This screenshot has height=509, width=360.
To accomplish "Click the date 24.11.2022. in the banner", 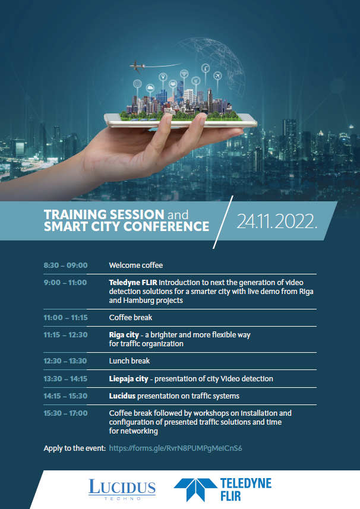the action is tap(277, 222).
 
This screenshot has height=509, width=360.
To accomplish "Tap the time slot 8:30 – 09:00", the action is tap(65, 265).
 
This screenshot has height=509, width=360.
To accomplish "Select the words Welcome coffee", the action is tap(135, 265).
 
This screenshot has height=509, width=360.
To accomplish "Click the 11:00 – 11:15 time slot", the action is tap(65, 318).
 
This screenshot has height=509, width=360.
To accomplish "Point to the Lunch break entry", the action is tap(129, 361).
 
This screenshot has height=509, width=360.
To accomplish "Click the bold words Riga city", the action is tap(124, 335).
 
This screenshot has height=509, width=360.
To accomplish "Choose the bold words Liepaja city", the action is tap(128, 379).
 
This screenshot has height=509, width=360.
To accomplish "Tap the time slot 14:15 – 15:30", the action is tap(65, 396).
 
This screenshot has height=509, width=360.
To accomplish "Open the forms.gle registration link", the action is tap(176, 448).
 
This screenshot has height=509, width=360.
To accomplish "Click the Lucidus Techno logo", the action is tap(122, 489).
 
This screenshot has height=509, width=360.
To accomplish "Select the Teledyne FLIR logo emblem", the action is tap(195, 489).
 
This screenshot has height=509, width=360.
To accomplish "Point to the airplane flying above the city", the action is tap(137, 67).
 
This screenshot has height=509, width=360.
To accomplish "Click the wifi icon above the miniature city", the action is tap(184, 74).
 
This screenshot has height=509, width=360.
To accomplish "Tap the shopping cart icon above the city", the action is tap(195, 80).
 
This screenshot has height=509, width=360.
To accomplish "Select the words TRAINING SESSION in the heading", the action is tap(104, 214).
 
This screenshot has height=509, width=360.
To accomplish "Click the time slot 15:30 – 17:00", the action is tap(65, 413).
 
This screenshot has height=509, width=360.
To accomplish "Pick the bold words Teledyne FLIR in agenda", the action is tap(133, 283).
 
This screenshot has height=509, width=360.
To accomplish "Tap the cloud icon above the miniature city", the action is tap(150, 88).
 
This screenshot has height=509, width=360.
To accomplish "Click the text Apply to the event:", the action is tap(75, 448).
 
